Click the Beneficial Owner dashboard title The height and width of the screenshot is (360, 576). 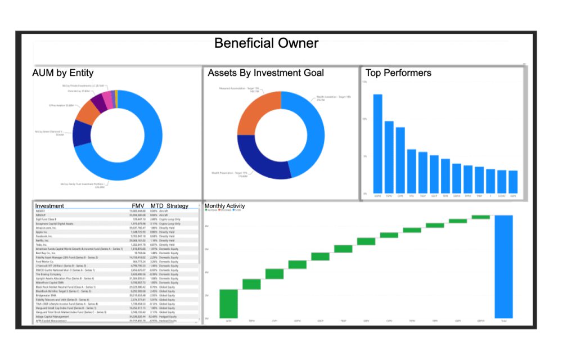pos(267,43)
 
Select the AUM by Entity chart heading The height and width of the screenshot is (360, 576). pos(63,73)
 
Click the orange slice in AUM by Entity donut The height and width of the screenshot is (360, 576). pos(87,112)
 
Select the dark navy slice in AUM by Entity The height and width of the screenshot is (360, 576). pos(82,133)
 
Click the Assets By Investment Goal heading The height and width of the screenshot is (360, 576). pos(265,73)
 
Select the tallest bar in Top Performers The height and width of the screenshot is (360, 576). pos(377,143)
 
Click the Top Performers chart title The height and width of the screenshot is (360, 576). pos(398,73)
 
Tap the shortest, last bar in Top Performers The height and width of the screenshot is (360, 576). pos(512,181)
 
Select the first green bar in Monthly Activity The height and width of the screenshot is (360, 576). pos(228,304)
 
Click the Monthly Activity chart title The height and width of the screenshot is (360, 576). pos(224,206)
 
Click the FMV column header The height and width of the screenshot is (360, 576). pos(138,206)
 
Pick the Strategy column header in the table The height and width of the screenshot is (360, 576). pos(177,206)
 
